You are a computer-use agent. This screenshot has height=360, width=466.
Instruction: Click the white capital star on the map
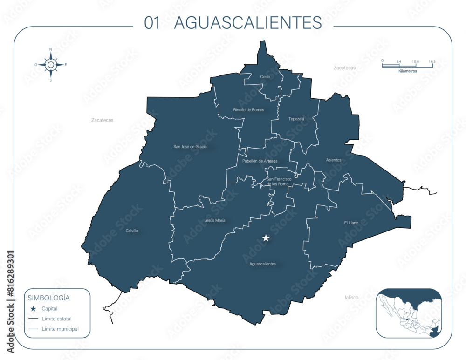coord(266,238)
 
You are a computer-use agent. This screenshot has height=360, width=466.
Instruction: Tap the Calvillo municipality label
coord(132,231)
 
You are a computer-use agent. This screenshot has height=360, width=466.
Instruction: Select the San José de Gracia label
coord(190,147)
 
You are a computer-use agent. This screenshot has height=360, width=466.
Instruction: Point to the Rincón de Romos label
coord(248,110)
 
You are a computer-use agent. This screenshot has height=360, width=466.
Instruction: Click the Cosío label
coord(265,76)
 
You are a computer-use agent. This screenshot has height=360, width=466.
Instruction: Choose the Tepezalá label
coord(296,119)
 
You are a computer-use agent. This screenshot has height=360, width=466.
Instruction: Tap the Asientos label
coord(334,160)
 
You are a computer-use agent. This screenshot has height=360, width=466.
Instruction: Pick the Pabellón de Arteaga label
coord(260,161)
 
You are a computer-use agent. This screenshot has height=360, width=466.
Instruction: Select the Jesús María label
coord(215,220)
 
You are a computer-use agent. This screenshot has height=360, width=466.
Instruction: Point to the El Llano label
coord(351,223)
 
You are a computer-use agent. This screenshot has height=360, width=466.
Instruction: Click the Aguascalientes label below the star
coord(262,264)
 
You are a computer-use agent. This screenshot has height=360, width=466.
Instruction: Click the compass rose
coord(51,65)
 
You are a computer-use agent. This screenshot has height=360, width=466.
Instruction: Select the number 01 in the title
coord(152,23)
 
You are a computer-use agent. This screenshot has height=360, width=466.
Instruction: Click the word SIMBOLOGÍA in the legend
coord(49,298)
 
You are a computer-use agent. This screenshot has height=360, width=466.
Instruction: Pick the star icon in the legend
coord(33,308)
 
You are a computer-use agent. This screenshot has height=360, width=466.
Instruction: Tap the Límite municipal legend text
coord(60,329)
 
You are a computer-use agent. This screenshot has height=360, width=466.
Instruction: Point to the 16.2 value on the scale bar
coord(432,61)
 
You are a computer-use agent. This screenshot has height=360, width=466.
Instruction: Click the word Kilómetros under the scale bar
coord(408,71)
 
